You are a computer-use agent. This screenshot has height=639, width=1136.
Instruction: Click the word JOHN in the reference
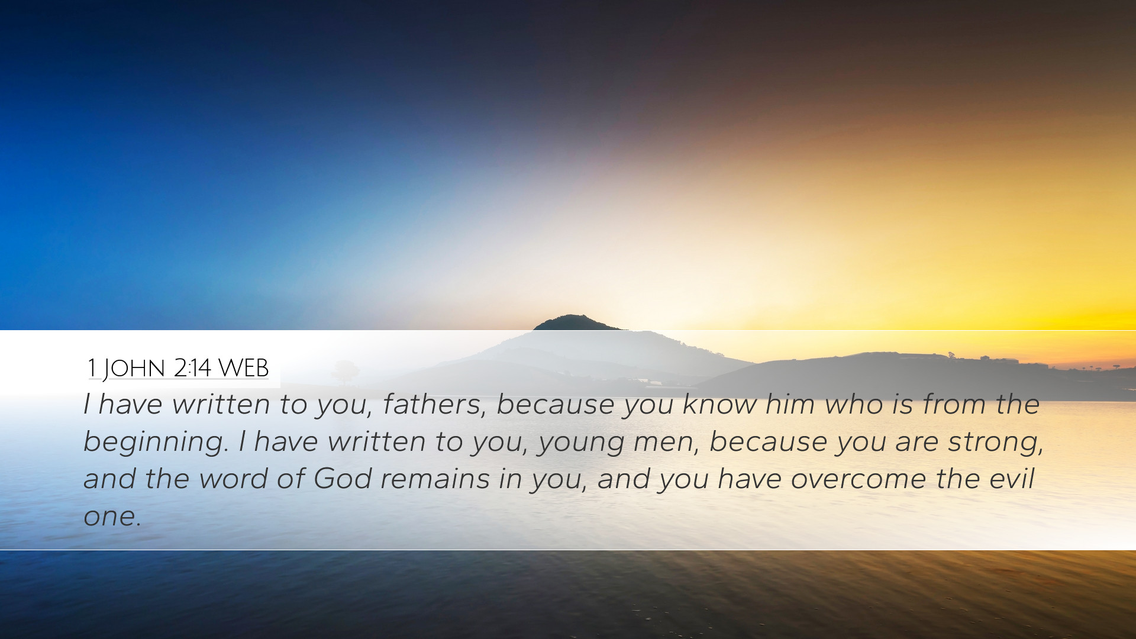tap(134, 369)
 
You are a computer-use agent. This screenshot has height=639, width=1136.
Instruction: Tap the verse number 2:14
tap(192, 368)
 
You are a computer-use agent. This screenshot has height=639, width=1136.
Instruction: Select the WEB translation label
tap(244, 368)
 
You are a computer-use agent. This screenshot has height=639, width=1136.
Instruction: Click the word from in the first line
tap(954, 405)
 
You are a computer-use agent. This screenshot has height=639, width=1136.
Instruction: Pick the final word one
tap(112, 517)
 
